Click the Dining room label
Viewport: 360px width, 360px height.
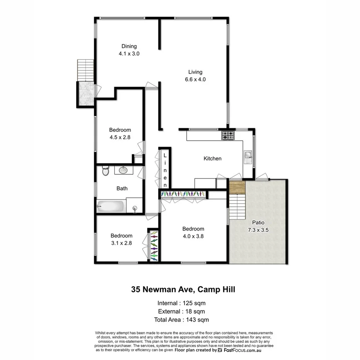click(x=129, y=46)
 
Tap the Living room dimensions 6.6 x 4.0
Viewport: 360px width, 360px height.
click(x=195, y=80)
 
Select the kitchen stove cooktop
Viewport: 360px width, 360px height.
click(x=228, y=135)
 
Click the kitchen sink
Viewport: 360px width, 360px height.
click(x=248, y=155)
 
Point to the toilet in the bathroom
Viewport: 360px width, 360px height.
click(x=105, y=170)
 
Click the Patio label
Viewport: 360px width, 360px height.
click(x=258, y=222)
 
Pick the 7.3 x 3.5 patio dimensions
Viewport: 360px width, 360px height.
click(x=258, y=229)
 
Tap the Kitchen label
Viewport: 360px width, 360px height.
click(x=212, y=158)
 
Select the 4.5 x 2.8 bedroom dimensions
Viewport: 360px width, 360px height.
click(x=120, y=136)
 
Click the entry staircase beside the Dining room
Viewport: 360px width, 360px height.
click(x=85, y=70)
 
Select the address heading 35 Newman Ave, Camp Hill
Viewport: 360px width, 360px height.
click(x=183, y=289)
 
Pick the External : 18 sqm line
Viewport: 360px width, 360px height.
click(x=181, y=311)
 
